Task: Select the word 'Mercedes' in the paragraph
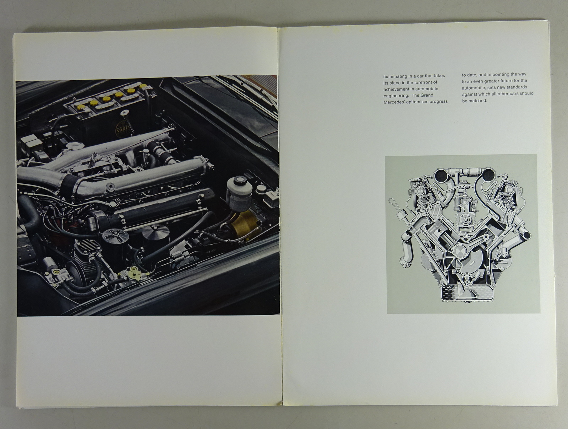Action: (x=394, y=102)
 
